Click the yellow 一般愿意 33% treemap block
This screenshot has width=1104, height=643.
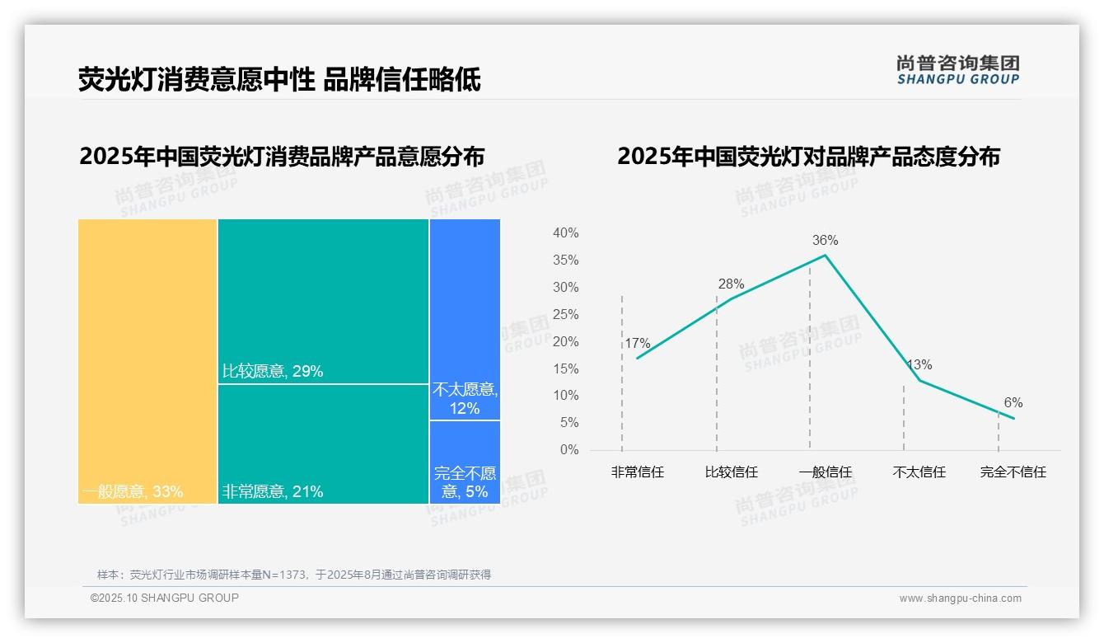[x=147, y=360]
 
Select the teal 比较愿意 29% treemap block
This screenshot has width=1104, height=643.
[x=323, y=301]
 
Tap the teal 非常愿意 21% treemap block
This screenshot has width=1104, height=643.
[x=323, y=444]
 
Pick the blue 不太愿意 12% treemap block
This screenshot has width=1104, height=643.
[x=465, y=319]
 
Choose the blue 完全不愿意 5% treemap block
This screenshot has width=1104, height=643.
[x=465, y=462]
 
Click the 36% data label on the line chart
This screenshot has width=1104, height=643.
[x=825, y=241]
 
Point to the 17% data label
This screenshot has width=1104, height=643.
[x=637, y=344]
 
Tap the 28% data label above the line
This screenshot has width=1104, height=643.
[x=731, y=284]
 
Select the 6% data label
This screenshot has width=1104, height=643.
[x=1013, y=403]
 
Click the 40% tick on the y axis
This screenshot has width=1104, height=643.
[x=565, y=233]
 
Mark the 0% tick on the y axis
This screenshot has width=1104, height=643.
[x=569, y=450]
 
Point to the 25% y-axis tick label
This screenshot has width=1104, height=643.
[x=565, y=315]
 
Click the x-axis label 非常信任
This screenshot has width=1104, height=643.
[x=637, y=472]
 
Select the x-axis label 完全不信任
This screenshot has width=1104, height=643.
[x=1013, y=472]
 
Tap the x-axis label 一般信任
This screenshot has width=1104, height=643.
[x=825, y=472]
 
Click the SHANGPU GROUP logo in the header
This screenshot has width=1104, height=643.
[x=957, y=70]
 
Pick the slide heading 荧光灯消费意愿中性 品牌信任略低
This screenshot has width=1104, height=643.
[x=279, y=80]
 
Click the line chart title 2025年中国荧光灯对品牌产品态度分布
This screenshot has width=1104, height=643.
[x=808, y=157]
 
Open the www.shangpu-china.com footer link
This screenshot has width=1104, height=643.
[x=960, y=598]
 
